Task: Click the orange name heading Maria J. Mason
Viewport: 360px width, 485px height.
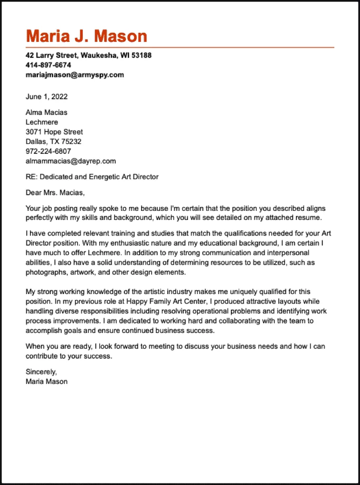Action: coord(86,36)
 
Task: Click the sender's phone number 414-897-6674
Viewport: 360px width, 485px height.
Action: coord(48,65)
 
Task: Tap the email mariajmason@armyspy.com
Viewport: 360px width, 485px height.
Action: coord(75,75)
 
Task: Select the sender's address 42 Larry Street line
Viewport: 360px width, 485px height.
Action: coord(88,55)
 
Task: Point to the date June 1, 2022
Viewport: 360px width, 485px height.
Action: coord(47,96)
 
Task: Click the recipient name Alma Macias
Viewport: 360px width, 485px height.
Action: coord(47,113)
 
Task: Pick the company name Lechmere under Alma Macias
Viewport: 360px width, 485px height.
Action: coord(42,122)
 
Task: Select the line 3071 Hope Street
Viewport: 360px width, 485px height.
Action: coord(54,132)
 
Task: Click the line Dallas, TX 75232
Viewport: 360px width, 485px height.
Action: coord(53,142)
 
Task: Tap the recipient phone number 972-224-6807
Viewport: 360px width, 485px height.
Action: coord(48,151)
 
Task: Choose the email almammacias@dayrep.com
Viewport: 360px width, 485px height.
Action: coord(71,161)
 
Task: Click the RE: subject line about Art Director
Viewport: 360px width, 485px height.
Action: coord(92,177)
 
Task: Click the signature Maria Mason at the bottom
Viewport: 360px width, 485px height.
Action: coord(47,381)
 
